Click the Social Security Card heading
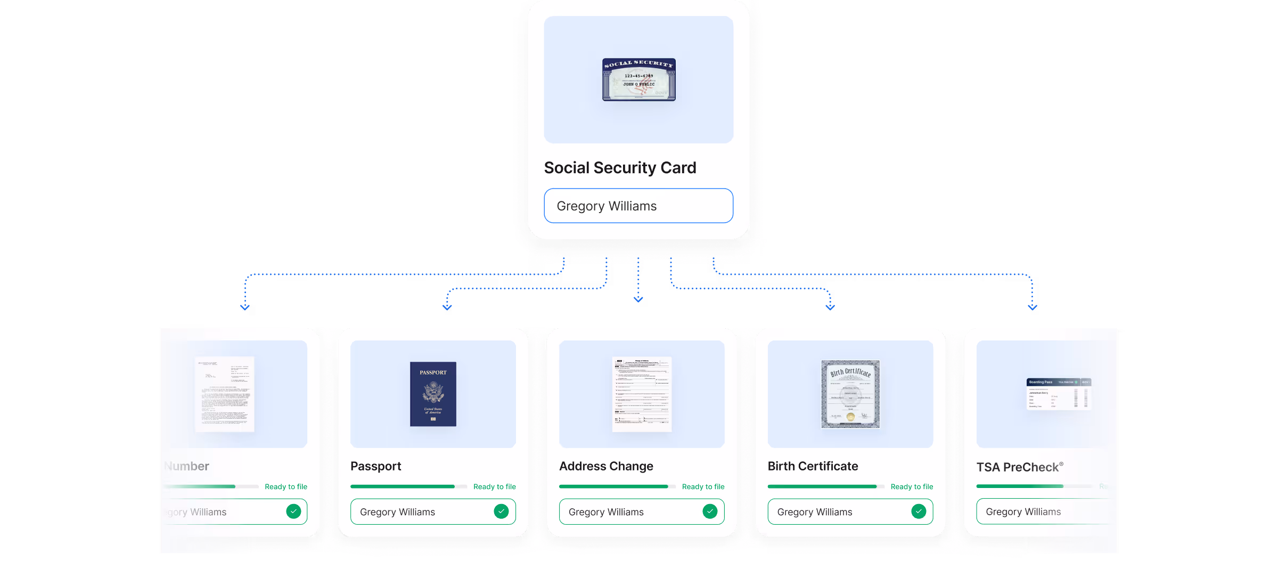pos(620,168)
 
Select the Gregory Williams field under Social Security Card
pos(638,206)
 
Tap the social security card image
pos(638,79)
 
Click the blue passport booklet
pos(433,394)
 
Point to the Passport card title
pos(375,466)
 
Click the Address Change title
pos(606,466)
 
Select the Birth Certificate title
pos(813,466)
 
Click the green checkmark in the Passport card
pos(501,511)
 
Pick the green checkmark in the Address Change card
pos(710,511)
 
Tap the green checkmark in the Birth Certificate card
pos(919,511)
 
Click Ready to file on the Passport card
pos(494,486)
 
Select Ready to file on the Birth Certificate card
pos(912,486)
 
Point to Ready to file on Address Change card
pos(703,486)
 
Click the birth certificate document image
pos(850,394)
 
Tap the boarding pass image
pos(1059,394)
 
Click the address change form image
pos(642,394)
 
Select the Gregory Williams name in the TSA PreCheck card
pos(1023,511)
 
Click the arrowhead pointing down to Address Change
pos(638,299)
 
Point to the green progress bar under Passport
pos(402,486)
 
